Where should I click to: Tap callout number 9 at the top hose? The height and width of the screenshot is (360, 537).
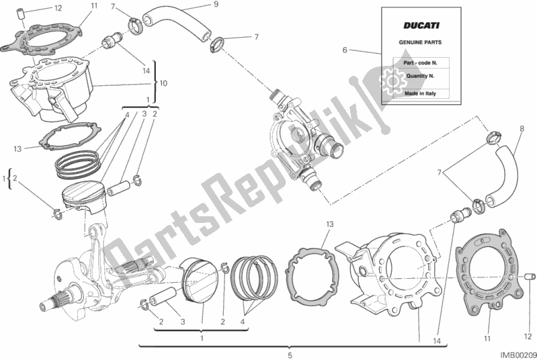pyautogui.click(x=197, y=5)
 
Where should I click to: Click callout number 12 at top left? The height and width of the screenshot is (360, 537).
pyautogui.click(x=58, y=9)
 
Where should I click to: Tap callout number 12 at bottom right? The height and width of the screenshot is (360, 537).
pyautogui.click(x=528, y=318)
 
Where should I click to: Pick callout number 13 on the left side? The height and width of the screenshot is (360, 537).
pyautogui.click(x=17, y=148)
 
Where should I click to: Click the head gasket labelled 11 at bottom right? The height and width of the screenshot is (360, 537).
pyautogui.click(x=488, y=269)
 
